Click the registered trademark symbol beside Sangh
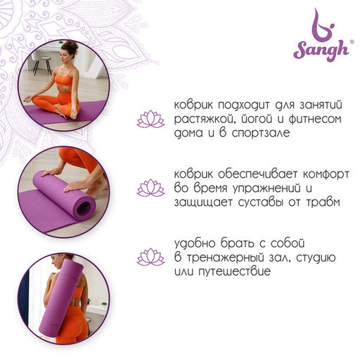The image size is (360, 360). pos(352,41)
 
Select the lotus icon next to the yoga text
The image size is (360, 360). pos(150,119)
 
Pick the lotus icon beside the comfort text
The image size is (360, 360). pos(150,188)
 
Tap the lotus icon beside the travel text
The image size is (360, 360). pos(150,257)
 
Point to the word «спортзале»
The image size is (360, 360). pos(261,134)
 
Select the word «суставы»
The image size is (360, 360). pos(261,202)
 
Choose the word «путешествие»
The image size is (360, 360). pos(235,271)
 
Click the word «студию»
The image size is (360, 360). pos(316,257)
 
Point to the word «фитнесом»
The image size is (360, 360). pos(314,119)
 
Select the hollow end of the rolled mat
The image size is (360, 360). pos(84,207)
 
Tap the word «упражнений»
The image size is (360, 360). pos(266,188)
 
